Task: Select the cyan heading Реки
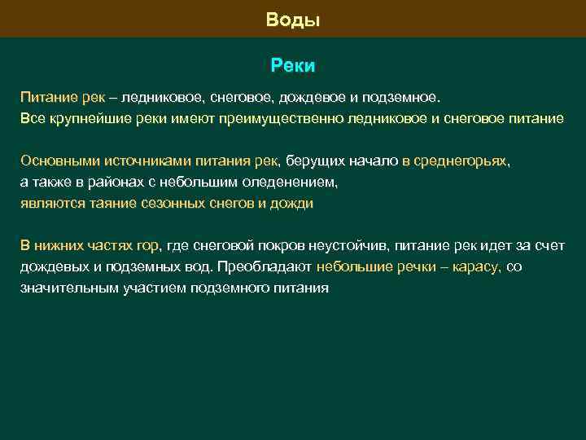[x=293, y=64]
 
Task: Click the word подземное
[x=400, y=98]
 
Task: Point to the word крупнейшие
[x=83, y=119]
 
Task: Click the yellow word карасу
[x=480, y=266]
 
